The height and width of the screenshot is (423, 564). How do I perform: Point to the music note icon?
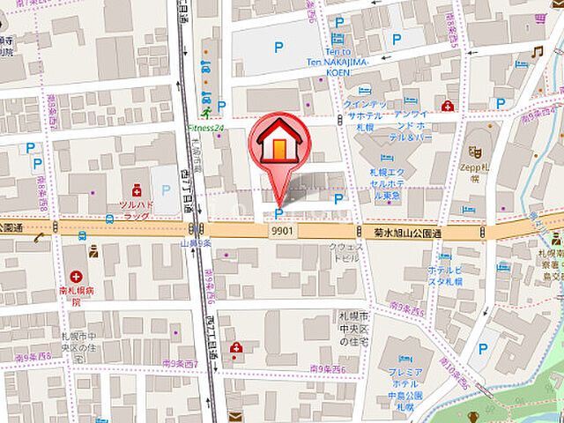click(536, 53)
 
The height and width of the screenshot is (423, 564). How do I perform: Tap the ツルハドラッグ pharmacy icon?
click(136, 189)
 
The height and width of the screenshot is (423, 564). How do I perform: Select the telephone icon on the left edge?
click(38, 238)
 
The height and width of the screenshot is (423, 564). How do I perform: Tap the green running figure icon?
click(204, 113)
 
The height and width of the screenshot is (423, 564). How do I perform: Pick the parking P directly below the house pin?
click(279, 213)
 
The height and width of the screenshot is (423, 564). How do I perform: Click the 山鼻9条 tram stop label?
click(195, 243)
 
